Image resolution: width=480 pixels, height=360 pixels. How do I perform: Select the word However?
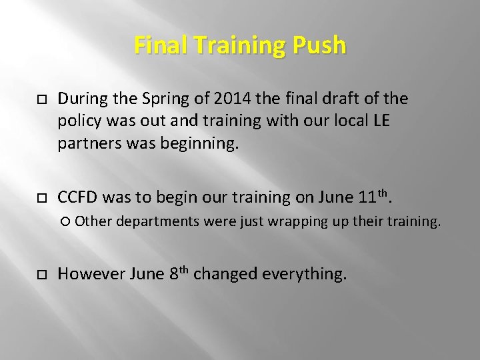[87, 274]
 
